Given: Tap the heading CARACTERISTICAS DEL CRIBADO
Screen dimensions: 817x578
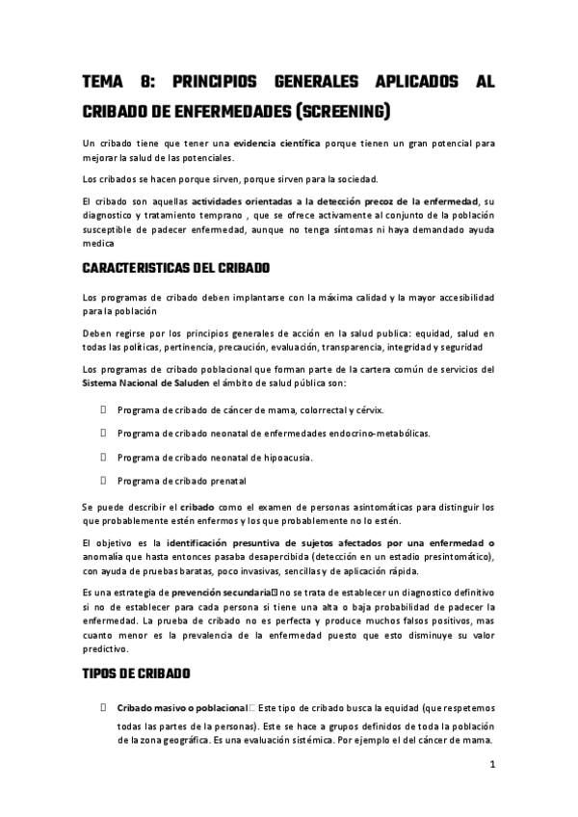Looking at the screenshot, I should tap(176, 267).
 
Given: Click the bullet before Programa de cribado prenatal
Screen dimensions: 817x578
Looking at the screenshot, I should tap(102, 480).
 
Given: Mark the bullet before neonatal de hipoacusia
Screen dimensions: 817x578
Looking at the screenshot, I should tap(102, 456).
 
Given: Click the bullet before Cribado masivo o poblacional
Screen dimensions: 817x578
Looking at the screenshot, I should tap(102, 707).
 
